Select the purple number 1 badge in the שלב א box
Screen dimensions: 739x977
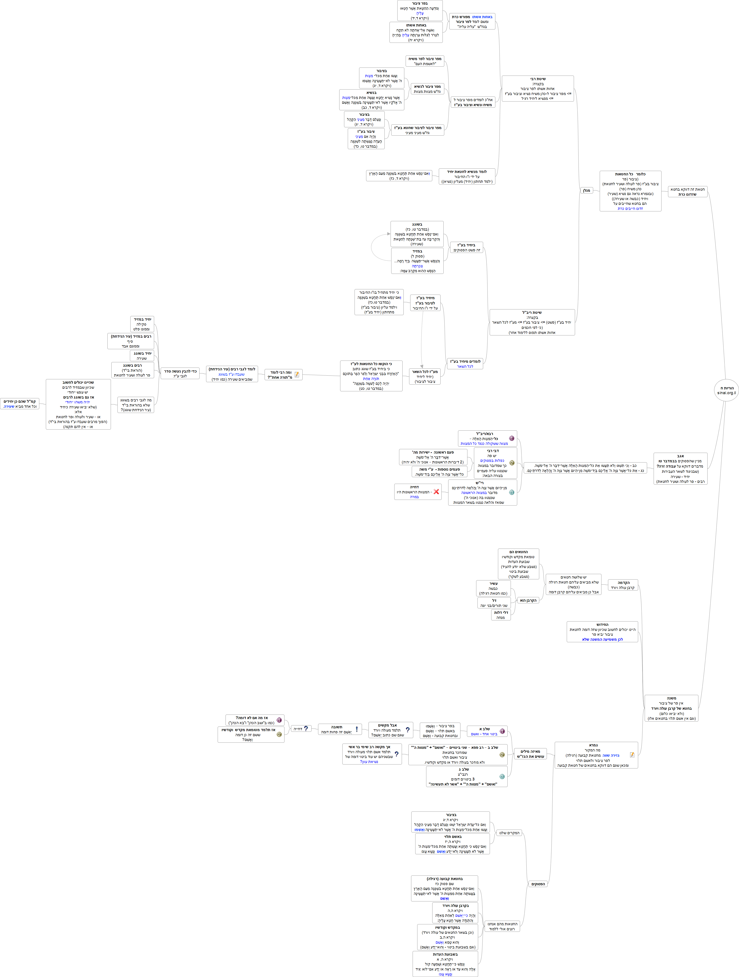502,731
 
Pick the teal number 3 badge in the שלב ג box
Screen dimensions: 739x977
502,777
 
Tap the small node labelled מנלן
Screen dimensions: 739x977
586,190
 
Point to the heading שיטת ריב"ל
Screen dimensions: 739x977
532,312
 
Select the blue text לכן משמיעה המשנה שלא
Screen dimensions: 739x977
602,639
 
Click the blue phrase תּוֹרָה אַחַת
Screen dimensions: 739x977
371,378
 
